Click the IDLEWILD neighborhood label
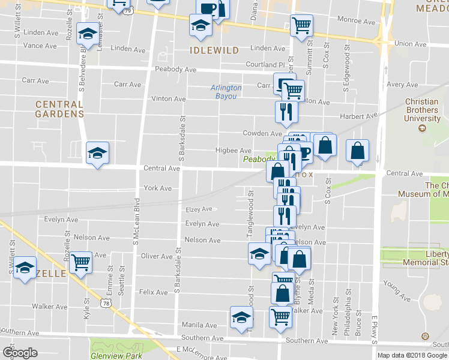pos(214,50)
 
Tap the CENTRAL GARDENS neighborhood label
pos(59,109)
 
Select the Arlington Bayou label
pos(226,91)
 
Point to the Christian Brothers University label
pos(421,110)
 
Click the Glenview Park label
pos(116,355)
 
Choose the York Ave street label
pos(157,188)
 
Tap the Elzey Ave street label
pos(199,209)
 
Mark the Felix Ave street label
pos(153,292)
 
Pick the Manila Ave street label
pos(199,325)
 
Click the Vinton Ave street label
pos(169,98)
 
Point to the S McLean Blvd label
pos(136,222)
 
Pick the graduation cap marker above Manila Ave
pos(241,317)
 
